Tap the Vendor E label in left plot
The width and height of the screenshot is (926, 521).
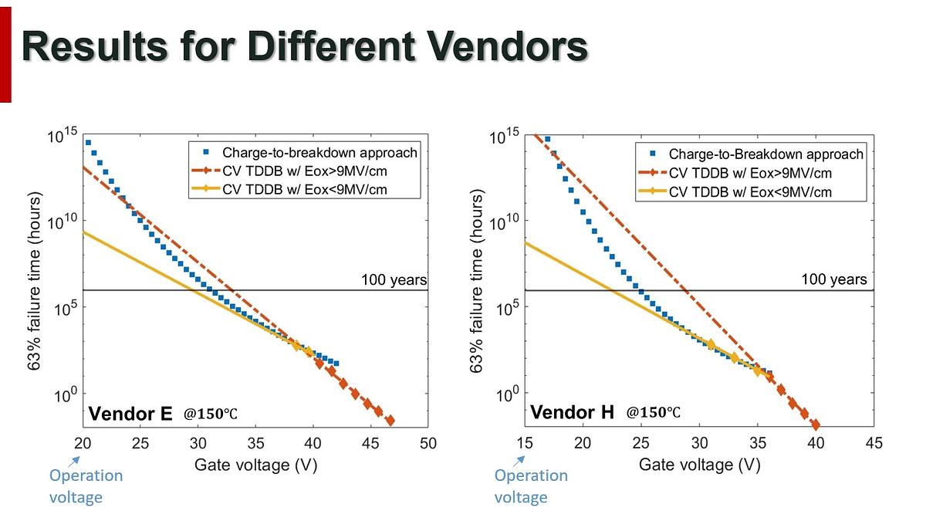click(130, 414)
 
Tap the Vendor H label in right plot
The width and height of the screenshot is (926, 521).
click(572, 413)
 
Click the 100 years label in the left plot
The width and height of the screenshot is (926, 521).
click(394, 279)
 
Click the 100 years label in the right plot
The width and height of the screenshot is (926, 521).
click(834, 279)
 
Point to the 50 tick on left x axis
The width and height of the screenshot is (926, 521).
click(428, 444)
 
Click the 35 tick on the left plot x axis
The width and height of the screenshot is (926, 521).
click(255, 444)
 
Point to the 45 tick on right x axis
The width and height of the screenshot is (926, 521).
click(874, 443)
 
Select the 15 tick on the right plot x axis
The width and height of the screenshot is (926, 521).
click(525, 443)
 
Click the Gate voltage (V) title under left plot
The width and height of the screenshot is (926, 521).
click(255, 465)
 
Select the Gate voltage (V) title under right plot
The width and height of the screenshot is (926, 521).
click(699, 465)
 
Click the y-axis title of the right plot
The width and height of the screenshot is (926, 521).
click(477, 282)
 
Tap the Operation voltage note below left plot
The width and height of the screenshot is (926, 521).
click(86, 485)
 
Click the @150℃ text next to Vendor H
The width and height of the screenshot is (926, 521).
click(653, 414)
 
